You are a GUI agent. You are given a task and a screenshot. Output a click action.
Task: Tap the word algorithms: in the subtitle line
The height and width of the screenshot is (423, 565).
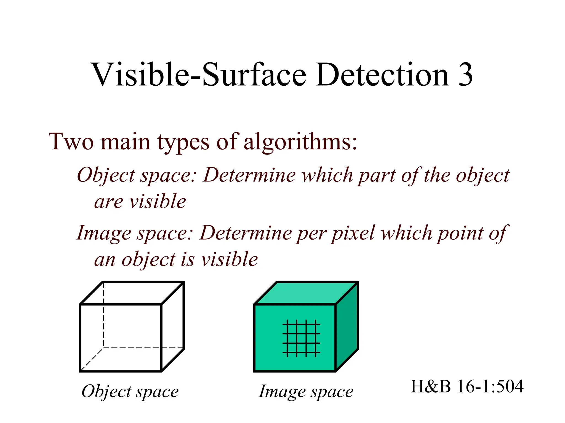coord(300,142)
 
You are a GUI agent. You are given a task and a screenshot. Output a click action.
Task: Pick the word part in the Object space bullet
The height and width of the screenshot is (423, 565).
coord(376,175)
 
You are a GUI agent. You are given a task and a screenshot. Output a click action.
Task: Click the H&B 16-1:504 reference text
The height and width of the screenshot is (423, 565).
coord(467,386)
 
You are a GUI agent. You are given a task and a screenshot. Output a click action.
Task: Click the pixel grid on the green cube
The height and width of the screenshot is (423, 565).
coord(301,338)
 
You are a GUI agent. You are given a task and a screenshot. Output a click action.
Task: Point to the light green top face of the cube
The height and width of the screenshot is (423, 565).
coord(306,293)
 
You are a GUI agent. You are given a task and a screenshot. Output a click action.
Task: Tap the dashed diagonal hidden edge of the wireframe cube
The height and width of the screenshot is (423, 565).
coord(92,359)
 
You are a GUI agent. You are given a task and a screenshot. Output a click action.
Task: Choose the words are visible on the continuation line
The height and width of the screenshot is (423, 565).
coord(140,202)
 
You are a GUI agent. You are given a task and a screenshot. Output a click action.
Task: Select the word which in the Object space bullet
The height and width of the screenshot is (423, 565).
coord(327,175)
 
